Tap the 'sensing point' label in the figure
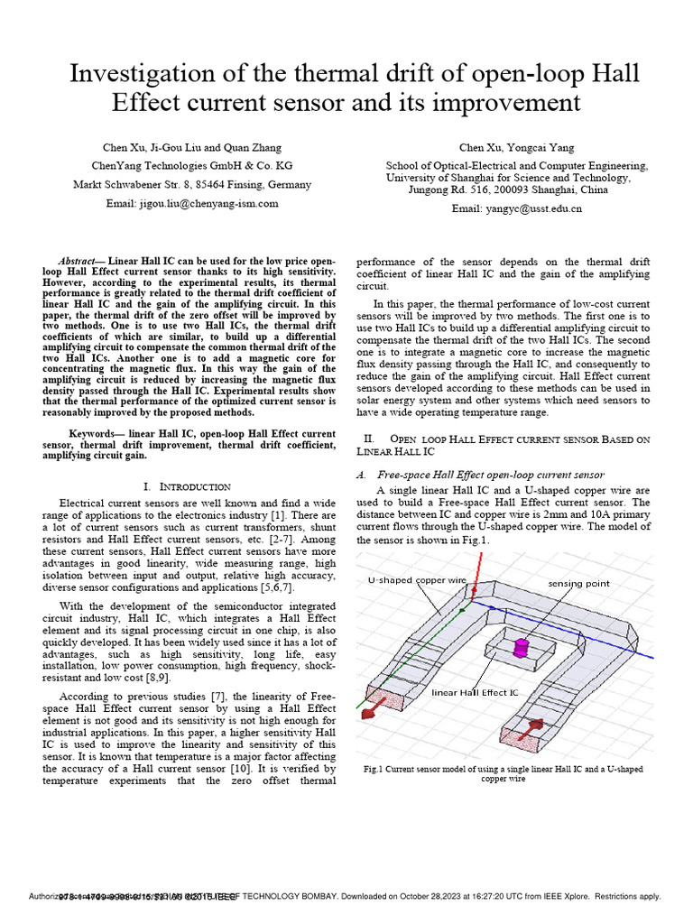[578, 584]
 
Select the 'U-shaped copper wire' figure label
[416, 580]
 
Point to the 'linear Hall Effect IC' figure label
[475, 692]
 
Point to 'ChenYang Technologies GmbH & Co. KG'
[192, 166]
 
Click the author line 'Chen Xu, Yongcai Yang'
[516, 147]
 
